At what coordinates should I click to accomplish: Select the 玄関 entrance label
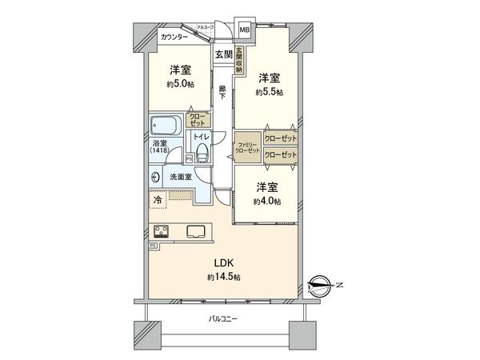[x=223, y=54]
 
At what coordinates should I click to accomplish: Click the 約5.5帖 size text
[x=268, y=91]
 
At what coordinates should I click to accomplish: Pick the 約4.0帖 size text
[x=267, y=201]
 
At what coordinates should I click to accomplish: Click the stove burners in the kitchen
[x=162, y=232]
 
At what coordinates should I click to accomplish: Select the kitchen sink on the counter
[x=198, y=232]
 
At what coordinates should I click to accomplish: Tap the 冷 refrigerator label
[x=158, y=200]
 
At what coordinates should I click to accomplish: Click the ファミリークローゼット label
[x=247, y=147]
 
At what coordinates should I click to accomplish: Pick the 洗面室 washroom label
[x=180, y=177]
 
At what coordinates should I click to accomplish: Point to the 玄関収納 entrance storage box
[x=238, y=58]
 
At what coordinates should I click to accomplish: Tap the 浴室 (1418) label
[x=161, y=148]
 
